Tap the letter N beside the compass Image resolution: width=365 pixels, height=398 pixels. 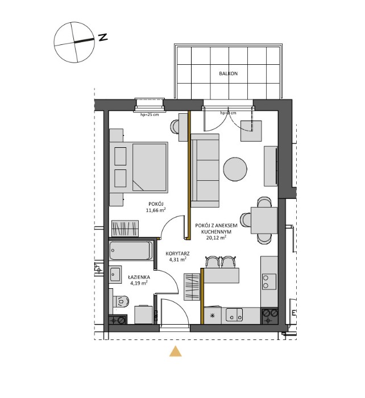(x=103, y=38)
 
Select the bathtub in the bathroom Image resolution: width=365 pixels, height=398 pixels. (x=130, y=251)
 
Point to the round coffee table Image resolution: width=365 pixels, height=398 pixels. (x=235, y=169)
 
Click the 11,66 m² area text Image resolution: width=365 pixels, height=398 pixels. (x=155, y=210)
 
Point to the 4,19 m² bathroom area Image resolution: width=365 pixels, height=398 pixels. (x=139, y=282)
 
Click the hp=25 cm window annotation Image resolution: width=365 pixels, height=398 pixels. (x=150, y=115)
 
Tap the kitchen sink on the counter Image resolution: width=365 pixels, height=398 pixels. (x=234, y=314)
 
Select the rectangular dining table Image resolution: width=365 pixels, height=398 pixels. (x=263, y=220)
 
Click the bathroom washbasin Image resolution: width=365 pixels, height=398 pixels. (x=115, y=275)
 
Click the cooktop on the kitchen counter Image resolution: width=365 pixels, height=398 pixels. (x=268, y=281)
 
